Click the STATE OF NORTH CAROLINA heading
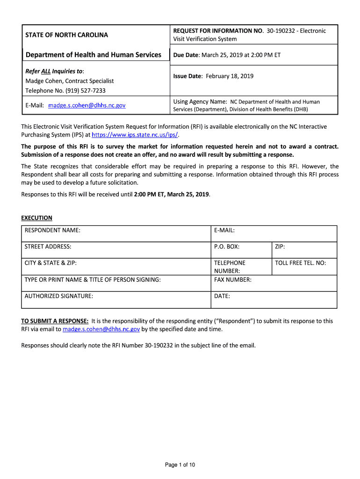coord(66,35)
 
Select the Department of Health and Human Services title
coord(94,55)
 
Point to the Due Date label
coord(186,55)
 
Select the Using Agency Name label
coord(200,102)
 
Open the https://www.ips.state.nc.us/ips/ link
coord(135,135)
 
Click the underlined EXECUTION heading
coord(37,218)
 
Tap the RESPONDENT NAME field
coord(116,233)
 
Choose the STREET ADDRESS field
coord(116,250)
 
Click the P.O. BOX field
coord(241,250)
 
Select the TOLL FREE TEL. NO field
coord(304,266)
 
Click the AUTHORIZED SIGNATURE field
coord(116,300)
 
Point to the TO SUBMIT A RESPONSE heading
coord(55,321)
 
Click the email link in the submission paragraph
coord(101,329)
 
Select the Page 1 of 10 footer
coord(180,464)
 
